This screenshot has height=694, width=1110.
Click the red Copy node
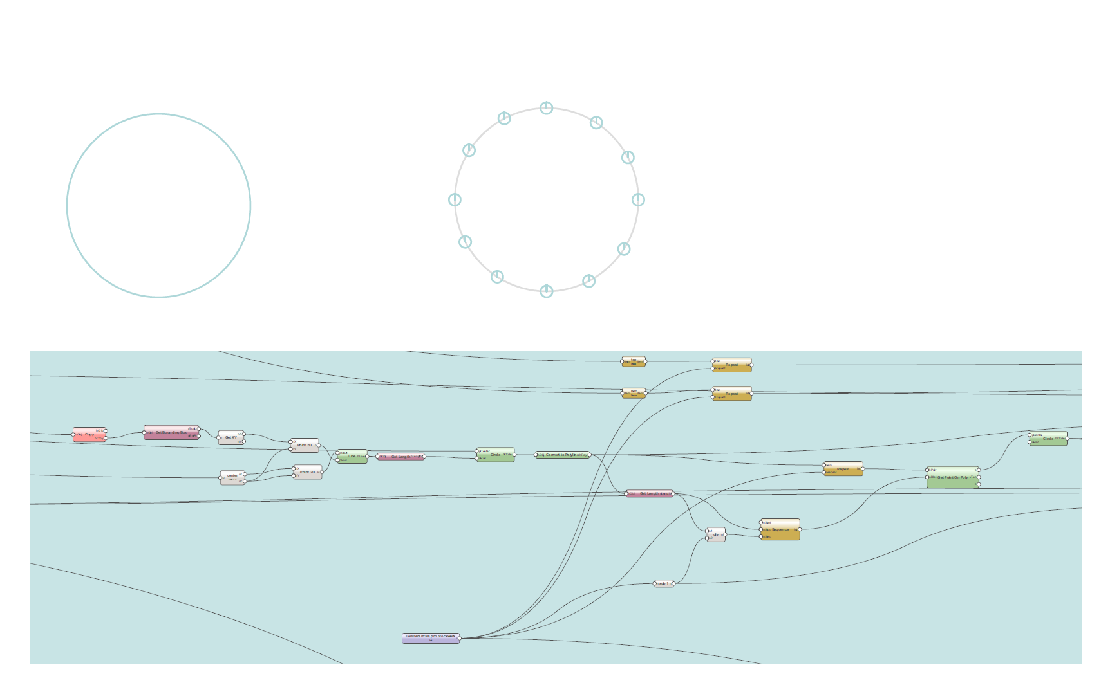click(89, 435)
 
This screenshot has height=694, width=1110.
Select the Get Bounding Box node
click(171, 433)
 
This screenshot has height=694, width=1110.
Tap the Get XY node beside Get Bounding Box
click(231, 438)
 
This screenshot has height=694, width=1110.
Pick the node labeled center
click(232, 477)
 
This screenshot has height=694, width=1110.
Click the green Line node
click(352, 456)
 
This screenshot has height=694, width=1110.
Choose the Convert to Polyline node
click(562, 455)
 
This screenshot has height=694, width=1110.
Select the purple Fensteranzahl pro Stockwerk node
click(431, 638)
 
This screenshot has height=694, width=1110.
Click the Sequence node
click(780, 530)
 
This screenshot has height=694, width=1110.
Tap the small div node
click(716, 535)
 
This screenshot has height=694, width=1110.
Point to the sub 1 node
click(664, 584)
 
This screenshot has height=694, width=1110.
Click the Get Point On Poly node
click(952, 478)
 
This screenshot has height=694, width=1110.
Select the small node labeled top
click(634, 361)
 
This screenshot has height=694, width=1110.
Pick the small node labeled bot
click(634, 393)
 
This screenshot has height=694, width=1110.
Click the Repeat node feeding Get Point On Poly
click(843, 469)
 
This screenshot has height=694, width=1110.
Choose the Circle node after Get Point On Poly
click(1048, 439)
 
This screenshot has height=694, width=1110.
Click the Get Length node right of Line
click(400, 457)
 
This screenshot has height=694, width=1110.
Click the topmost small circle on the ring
click(546, 108)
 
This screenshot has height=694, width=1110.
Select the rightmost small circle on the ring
click(638, 200)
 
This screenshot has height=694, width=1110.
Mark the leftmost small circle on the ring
click(455, 200)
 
